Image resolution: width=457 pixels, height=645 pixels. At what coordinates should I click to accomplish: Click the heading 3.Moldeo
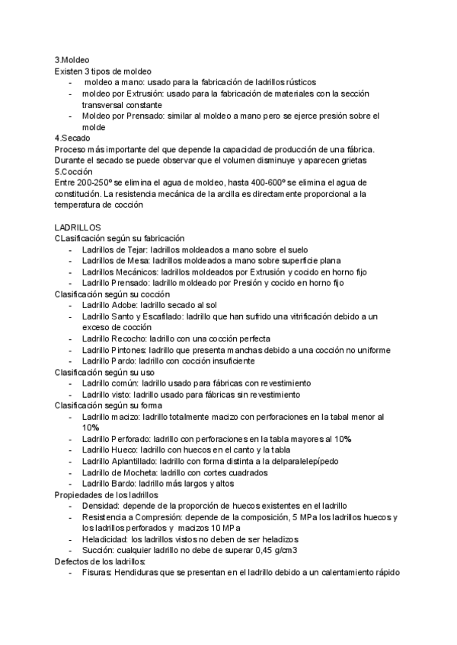[73, 59]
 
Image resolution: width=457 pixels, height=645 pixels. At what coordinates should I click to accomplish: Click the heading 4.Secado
[73, 138]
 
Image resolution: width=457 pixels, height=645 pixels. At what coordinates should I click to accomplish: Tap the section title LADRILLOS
[83, 227]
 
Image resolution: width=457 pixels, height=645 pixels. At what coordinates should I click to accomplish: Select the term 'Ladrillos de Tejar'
[115, 249]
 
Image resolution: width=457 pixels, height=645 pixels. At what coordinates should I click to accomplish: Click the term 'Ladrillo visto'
[107, 395]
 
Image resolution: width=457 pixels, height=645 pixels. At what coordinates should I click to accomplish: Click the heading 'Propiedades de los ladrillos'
[106, 494]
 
